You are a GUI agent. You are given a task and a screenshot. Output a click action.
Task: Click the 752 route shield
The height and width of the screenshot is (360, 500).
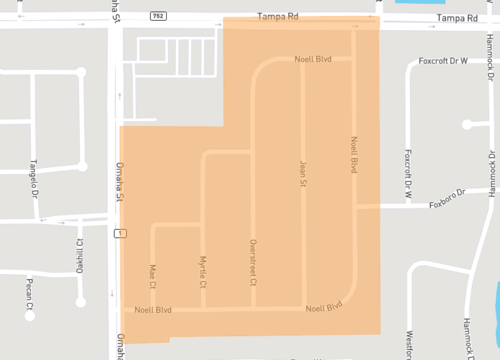[158, 17]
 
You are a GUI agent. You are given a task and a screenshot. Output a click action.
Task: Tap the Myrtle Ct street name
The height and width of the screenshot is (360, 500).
[202, 271]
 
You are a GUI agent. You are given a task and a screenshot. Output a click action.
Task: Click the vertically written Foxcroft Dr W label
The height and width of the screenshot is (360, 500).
[408, 176]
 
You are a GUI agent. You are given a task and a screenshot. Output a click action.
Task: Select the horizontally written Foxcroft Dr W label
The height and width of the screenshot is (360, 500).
[444, 60]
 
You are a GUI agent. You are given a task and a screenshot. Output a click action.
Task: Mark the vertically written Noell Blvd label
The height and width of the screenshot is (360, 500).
[353, 154]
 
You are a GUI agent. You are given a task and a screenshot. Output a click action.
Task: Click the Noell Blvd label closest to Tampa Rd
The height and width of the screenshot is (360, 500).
[313, 59]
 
